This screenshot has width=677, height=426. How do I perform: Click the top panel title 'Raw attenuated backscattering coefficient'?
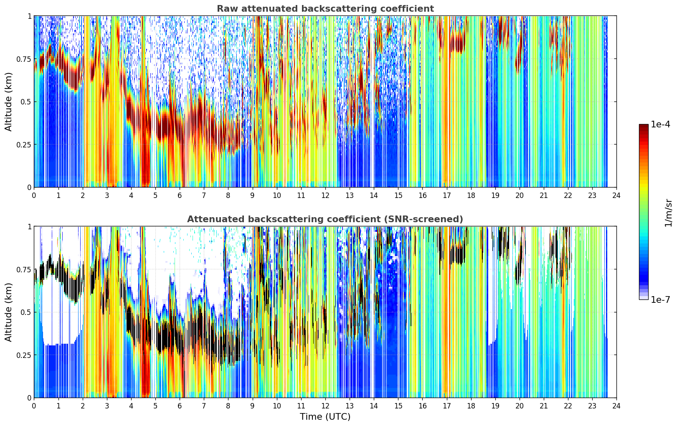click(x=325, y=9)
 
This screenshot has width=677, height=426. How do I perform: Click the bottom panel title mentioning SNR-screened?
click(x=325, y=219)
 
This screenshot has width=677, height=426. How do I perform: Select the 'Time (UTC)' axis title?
click(x=325, y=417)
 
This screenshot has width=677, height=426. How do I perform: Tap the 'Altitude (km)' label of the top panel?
click(x=8, y=102)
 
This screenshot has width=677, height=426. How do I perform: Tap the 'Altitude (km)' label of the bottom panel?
click(x=8, y=312)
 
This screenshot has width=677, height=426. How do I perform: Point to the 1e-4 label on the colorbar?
click(x=660, y=124)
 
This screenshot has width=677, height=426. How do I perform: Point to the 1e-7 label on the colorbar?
click(x=660, y=300)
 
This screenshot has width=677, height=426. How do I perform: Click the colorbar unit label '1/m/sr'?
click(x=668, y=213)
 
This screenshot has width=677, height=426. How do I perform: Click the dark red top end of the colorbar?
click(x=644, y=126)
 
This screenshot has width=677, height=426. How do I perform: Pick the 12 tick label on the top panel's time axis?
click(x=325, y=195)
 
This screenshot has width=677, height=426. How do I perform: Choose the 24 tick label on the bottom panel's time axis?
click(x=616, y=406)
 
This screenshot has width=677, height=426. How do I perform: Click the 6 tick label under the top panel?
click(x=180, y=195)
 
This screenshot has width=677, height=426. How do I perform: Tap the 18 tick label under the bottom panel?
click(x=471, y=406)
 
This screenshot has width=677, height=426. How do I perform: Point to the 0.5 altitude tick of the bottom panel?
click(x=25, y=312)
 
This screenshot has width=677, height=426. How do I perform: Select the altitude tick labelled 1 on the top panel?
click(x=29, y=16)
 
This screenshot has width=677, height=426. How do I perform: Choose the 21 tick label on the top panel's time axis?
click(x=544, y=195)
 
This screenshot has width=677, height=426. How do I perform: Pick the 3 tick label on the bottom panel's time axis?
click(x=106, y=406)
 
